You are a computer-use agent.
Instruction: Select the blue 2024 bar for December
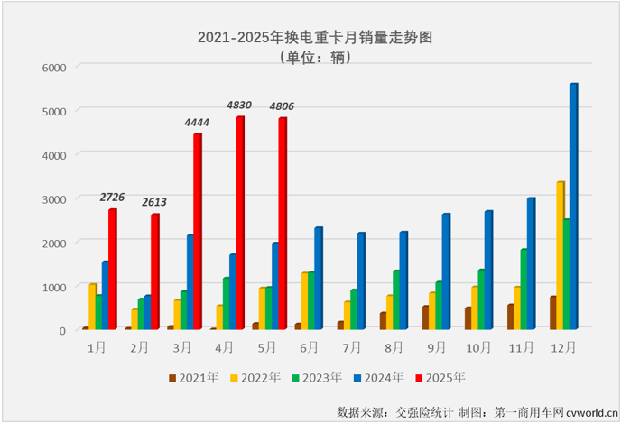(x=573, y=207)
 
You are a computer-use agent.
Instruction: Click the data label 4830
(x=239, y=106)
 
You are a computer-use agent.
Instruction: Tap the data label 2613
(x=154, y=202)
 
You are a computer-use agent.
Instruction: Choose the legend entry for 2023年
(x=317, y=377)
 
